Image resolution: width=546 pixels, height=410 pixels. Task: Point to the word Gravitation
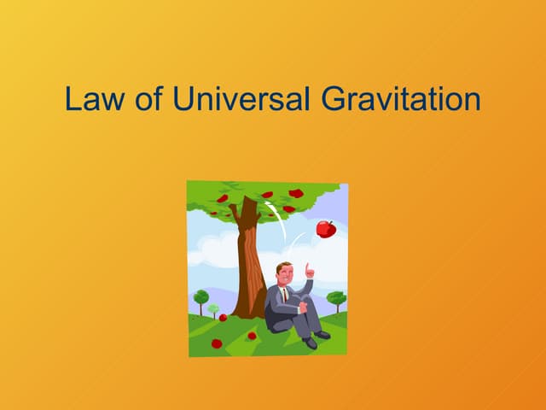[402, 100]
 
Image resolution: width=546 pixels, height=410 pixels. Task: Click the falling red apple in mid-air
[325, 228]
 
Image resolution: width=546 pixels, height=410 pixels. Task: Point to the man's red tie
[285, 294]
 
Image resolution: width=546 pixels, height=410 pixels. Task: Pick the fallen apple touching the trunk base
[223, 317]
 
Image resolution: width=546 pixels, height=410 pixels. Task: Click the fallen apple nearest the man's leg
[251, 336]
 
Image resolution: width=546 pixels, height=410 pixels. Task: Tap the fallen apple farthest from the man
[216, 343]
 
